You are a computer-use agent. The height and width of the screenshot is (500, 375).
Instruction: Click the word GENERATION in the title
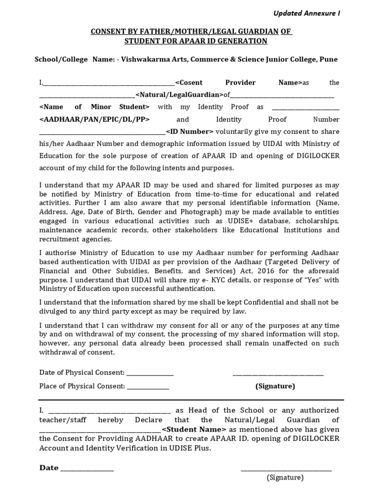241,41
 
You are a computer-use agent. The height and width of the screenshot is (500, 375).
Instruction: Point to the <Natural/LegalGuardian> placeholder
177,95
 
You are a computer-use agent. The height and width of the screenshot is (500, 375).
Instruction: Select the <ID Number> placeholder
189,131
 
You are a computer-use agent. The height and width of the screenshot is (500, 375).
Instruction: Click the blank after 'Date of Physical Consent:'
150,373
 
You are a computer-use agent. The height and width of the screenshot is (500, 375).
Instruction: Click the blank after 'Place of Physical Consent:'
148,386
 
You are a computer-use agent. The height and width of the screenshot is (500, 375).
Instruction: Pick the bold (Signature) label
275,386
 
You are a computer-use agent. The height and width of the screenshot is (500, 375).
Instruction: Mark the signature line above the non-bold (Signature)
286,470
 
